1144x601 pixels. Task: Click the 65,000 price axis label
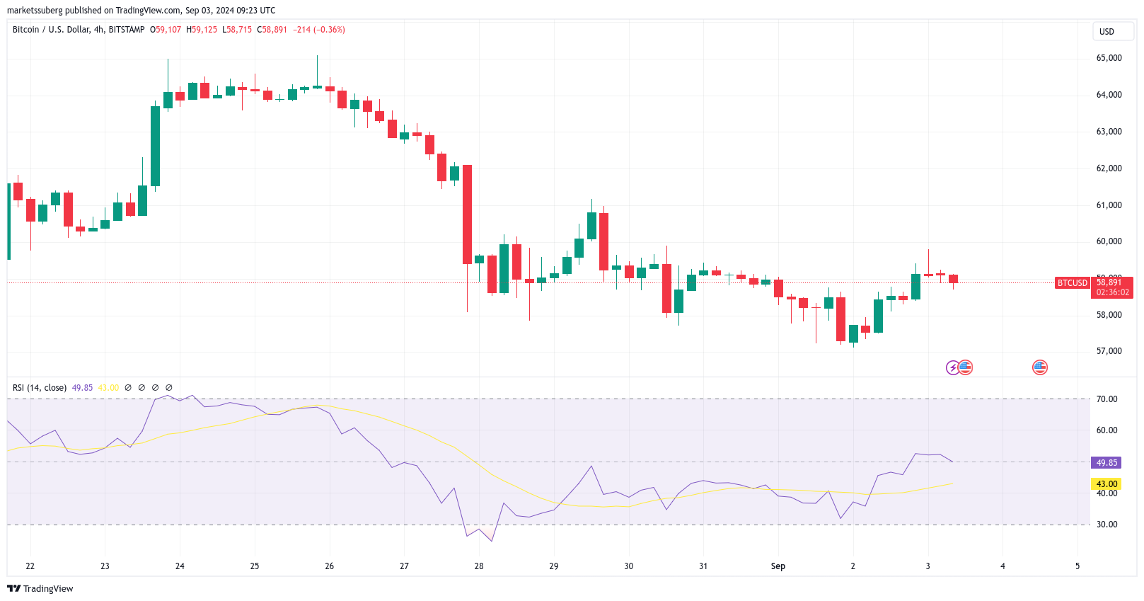pos(1109,58)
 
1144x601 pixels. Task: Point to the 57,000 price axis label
pos(1109,351)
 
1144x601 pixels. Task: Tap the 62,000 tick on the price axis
pos(1109,168)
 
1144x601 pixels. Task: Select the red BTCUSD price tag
pos(1072,283)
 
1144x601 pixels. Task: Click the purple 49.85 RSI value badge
pos(1107,463)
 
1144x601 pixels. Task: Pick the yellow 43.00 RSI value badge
pos(1107,484)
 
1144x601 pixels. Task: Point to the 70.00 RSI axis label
pos(1107,399)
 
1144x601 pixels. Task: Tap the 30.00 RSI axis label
pos(1107,525)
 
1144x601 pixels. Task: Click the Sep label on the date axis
pos(778,566)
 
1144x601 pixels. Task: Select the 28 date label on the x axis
pos(479,566)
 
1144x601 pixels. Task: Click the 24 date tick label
pos(180,566)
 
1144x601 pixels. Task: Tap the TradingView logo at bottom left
pos(40,589)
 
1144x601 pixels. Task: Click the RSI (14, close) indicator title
pos(40,388)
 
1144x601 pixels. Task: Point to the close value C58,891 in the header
pos(272,30)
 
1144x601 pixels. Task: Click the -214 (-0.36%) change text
pos(319,30)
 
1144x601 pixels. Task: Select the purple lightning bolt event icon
pos(952,367)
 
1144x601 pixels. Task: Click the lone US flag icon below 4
pos(1039,367)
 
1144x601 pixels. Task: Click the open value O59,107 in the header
pos(166,30)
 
